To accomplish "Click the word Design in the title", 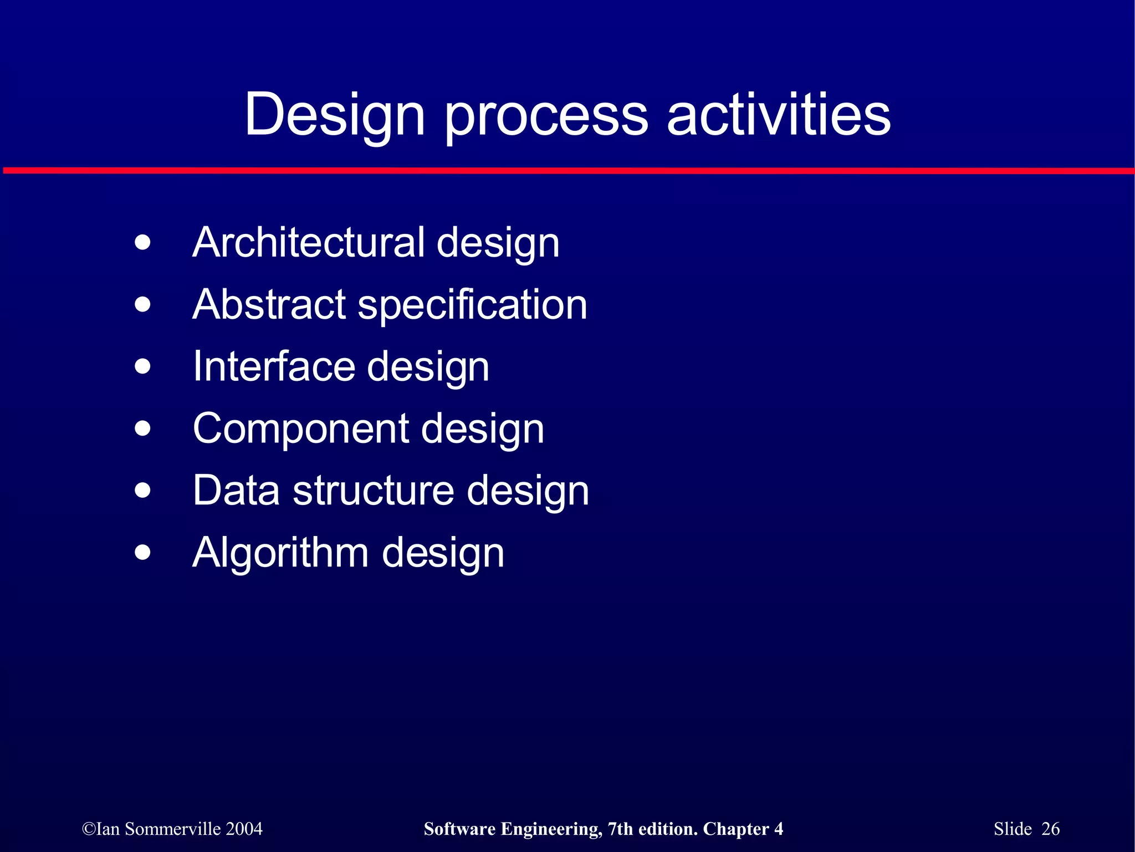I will [335, 115].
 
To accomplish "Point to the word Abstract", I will [269, 304].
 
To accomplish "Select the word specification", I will [472, 306].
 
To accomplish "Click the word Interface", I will [273, 366].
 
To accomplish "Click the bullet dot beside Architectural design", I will [142, 243].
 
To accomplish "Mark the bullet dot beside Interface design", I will [142, 366].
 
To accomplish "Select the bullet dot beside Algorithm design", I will [142, 553].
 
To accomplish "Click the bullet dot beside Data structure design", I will [142, 491].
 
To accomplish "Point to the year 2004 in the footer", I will [244, 829].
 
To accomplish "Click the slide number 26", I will [1050, 829].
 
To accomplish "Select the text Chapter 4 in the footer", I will [743, 829].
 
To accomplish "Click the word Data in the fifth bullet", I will [236, 491].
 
